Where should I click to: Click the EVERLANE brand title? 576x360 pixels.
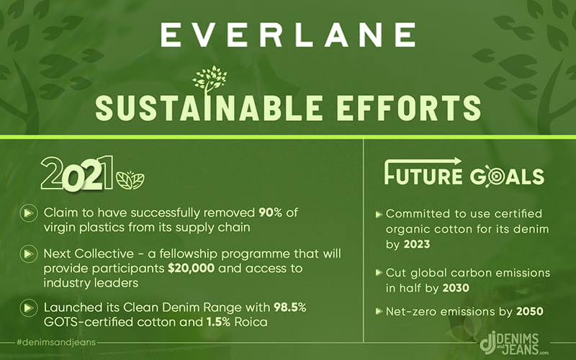tap(288, 35)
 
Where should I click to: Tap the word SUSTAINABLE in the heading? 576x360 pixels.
tap(209, 108)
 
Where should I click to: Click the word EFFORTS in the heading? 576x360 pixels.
tap(408, 108)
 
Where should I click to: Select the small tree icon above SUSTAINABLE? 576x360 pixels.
tap(210, 80)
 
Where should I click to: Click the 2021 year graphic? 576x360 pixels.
tap(77, 174)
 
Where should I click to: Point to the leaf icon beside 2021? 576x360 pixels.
tap(130, 181)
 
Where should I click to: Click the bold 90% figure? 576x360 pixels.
tap(270, 212)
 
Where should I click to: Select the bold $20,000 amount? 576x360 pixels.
tap(191, 268)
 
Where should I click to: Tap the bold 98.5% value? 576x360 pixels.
tap(290, 307)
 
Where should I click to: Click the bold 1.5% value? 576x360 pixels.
tap(219, 322)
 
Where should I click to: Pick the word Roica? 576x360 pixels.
tap(251, 322)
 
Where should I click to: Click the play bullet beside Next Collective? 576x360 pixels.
tap(29, 254)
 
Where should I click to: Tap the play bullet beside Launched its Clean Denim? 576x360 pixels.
tap(29, 308)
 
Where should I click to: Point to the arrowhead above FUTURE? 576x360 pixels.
tap(456, 161)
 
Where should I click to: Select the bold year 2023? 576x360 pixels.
tap(417, 244)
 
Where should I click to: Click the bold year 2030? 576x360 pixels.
tap(456, 288)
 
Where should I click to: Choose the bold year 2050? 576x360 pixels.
tap(530, 312)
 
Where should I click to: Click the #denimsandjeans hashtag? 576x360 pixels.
tap(56, 343)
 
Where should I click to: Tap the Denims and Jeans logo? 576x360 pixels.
tap(513, 343)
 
